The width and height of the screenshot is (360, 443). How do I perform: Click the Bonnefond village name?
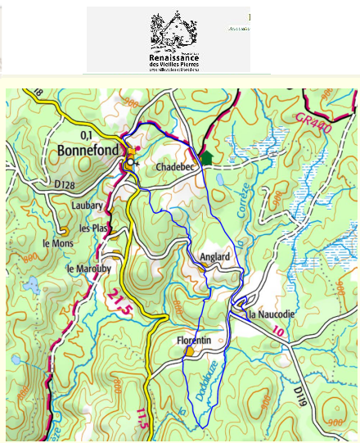[89, 151]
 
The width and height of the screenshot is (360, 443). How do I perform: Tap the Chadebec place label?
[175, 167]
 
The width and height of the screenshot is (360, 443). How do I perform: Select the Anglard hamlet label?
[214, 256]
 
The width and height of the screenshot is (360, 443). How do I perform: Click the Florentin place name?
[194, 340]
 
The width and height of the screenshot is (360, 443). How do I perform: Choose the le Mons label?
[57, 243]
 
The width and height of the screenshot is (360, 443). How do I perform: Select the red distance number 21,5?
[119, 305]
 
